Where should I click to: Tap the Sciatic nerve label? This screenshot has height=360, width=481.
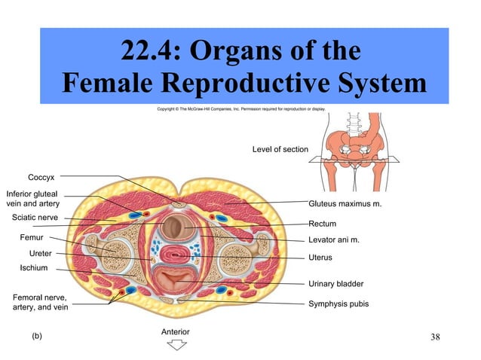(35, 218)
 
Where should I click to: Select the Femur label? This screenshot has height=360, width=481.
(31, 237)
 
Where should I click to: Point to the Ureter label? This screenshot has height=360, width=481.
(40, 252)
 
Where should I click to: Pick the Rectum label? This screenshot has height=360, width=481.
(323, 224)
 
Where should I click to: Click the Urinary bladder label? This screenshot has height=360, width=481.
(336, 284)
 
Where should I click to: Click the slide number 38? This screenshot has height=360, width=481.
(435, 336)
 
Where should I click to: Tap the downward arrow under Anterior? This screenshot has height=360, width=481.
(176, 346)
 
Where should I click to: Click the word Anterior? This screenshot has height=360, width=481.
(176, 331)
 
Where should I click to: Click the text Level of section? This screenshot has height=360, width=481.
(280, 149)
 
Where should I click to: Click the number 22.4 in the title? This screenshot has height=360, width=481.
(150, 53)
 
